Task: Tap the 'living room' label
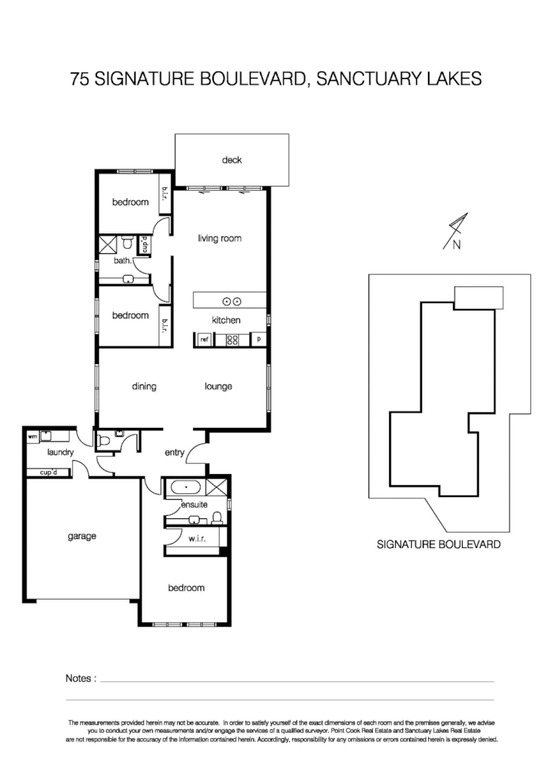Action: coord(220,239)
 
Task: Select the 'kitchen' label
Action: coord(226,320)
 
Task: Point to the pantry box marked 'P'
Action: coord(258,340)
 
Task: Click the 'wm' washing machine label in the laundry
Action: coord(32,436)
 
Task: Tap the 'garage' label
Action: coord(82,537)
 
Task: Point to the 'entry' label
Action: coord(174,452)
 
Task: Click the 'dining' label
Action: coord(145,387)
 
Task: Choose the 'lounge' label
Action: coord(218,387)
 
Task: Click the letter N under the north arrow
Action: coord(456,246)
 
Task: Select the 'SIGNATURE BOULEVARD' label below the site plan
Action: coord(438,545)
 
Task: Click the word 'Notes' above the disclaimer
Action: coord(79,679)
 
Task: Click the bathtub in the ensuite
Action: coord(185,487)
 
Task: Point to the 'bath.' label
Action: coord(123,261)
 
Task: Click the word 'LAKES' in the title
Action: coord(456,79)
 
